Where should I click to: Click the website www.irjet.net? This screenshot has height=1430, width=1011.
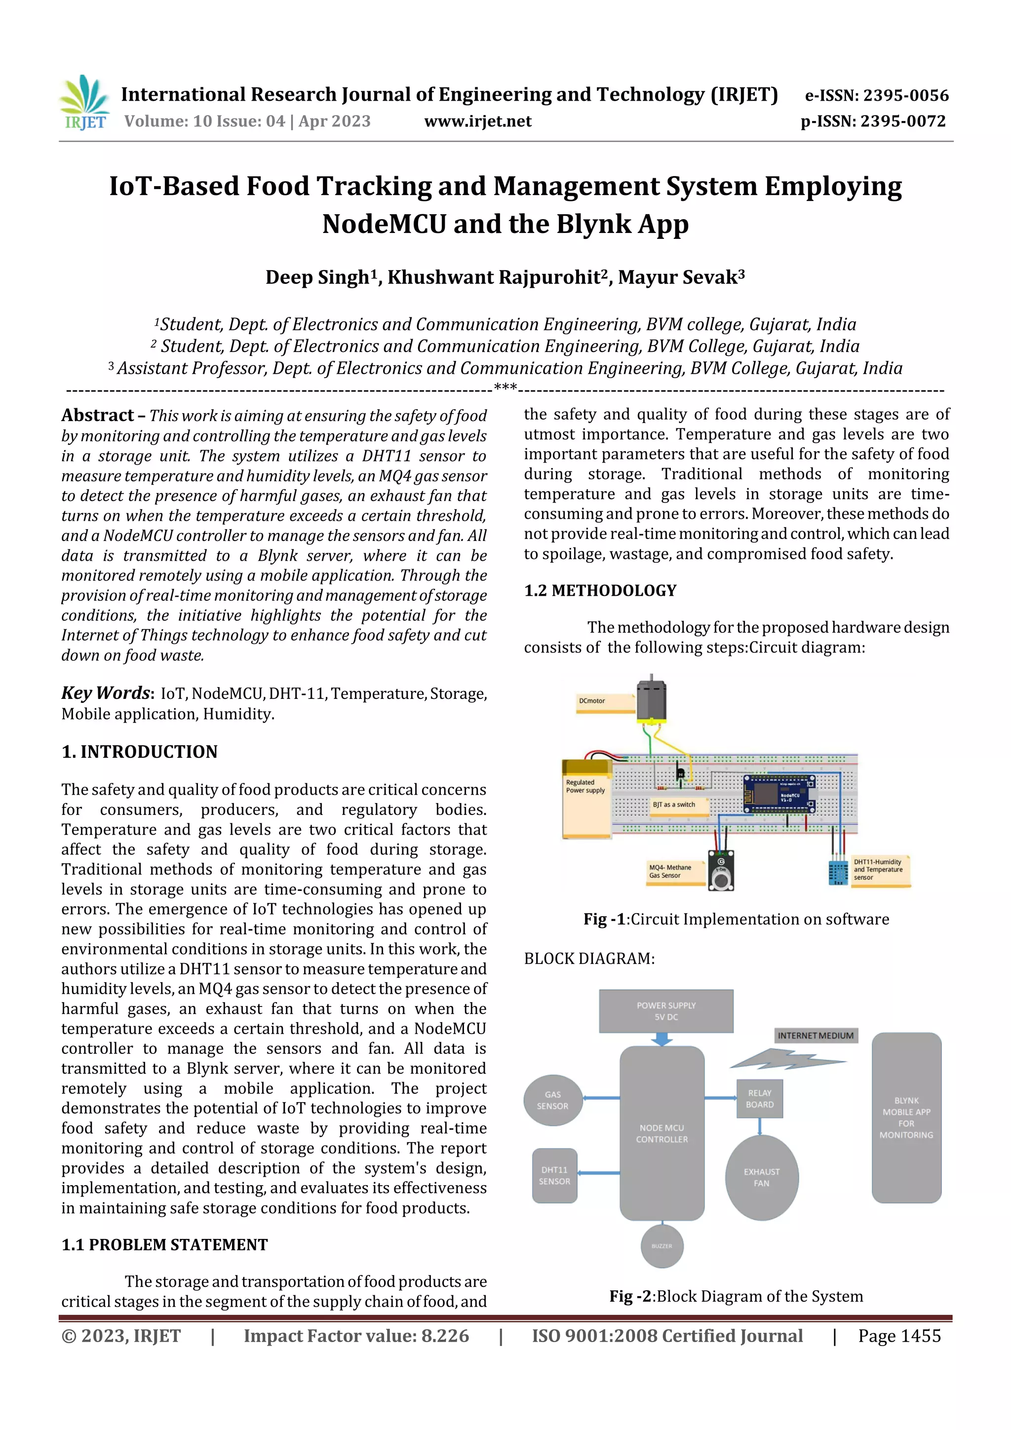click(x=477, y=121)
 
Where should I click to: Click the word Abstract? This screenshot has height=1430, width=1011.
click(x=97, y=416)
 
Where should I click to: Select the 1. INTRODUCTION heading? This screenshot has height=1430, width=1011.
click(x=140, y=752)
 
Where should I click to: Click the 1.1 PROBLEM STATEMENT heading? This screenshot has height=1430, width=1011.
click(x=164, y=1245)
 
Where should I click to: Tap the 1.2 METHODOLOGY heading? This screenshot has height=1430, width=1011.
click(x=600, y=590)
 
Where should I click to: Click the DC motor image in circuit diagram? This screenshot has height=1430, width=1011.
click(x=652, y=700)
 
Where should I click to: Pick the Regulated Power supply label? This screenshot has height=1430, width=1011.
click(x=585, y=786)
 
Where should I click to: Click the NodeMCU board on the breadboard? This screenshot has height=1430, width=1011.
click(x=780, y=794)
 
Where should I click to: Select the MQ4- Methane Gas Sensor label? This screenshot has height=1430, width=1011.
click(x=670, y=871)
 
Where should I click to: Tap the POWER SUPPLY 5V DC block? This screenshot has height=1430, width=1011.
click(x=666, y=1011)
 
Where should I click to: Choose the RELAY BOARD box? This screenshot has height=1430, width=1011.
click(x=759, y=1099)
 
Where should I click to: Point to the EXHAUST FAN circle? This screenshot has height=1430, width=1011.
click(x=761, y=1177)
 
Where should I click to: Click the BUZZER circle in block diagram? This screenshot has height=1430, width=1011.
click(x=661, y=1246)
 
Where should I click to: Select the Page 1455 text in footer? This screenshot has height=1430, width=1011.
click(x=899, y=1336)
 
